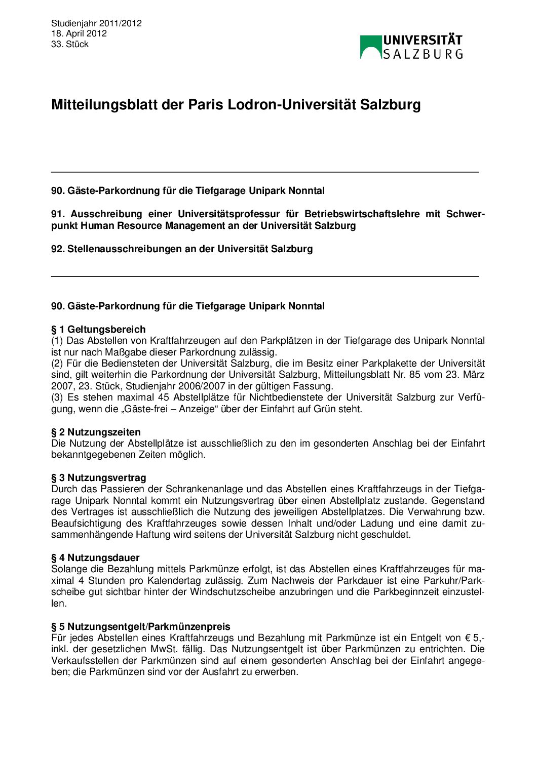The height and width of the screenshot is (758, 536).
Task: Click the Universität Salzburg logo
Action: coord(411,47)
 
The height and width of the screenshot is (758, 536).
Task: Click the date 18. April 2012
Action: coord(79,33)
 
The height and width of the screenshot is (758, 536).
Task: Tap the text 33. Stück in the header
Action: coord(69,44)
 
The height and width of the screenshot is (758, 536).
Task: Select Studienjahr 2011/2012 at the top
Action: coord(96,23)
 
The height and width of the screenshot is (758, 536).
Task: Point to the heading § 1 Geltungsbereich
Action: coord(98,329)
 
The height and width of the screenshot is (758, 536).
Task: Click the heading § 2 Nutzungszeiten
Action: coord(96,432)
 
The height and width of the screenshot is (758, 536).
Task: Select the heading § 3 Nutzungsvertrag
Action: coord(98,477)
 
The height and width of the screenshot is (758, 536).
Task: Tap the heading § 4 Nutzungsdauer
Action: coord(95,558)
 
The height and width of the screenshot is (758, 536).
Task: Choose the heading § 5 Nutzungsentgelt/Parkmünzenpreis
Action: coord(140,626)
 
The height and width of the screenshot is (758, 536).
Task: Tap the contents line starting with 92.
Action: coord(182,249)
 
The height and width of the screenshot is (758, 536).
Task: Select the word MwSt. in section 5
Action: coord(164,649)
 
